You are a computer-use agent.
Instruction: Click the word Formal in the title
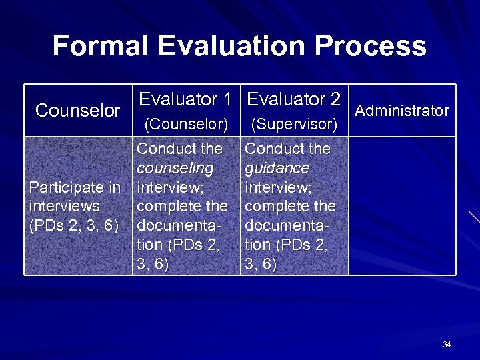tap(101, 46)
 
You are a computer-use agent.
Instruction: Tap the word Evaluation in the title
tap(231, 46)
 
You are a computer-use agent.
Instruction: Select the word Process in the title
tap(370, 46)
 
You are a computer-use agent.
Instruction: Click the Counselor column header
tap(78, 111)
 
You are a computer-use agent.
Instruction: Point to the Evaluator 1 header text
tap(185, 99)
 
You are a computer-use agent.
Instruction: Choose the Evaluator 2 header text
tap(294, 99)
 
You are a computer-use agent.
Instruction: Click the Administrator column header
tap(402, 111)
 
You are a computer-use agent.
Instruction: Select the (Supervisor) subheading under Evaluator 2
tap(294, 124)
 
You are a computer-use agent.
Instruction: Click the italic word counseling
tap(175, 167)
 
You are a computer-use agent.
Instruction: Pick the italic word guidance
tap(277, 167)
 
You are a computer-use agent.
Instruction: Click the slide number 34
tap(447, 345)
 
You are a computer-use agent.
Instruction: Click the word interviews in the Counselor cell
tap(64, 206)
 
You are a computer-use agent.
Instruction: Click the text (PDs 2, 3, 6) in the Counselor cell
tap(73, 225)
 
